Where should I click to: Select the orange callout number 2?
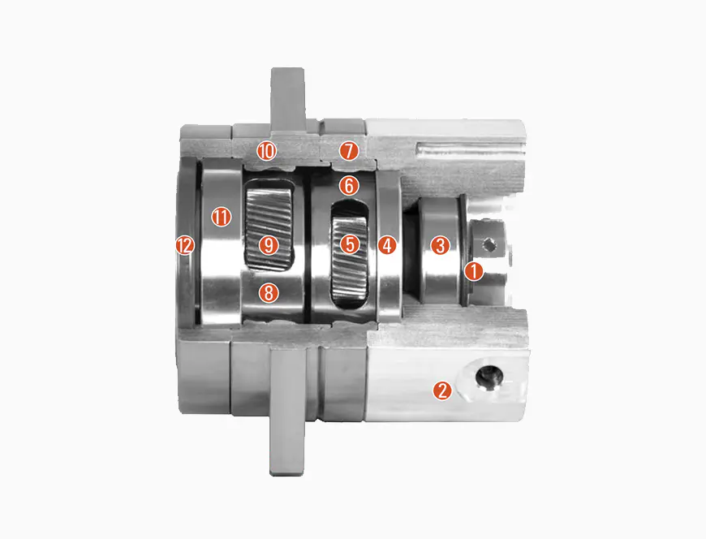441,390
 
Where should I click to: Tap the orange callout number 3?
440,245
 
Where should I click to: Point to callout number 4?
387,245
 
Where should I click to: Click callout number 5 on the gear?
350,244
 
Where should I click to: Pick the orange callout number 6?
350,185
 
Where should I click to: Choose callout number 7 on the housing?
349,151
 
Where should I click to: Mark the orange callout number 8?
269,293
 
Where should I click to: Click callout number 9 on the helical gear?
269,245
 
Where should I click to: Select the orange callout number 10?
266,151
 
